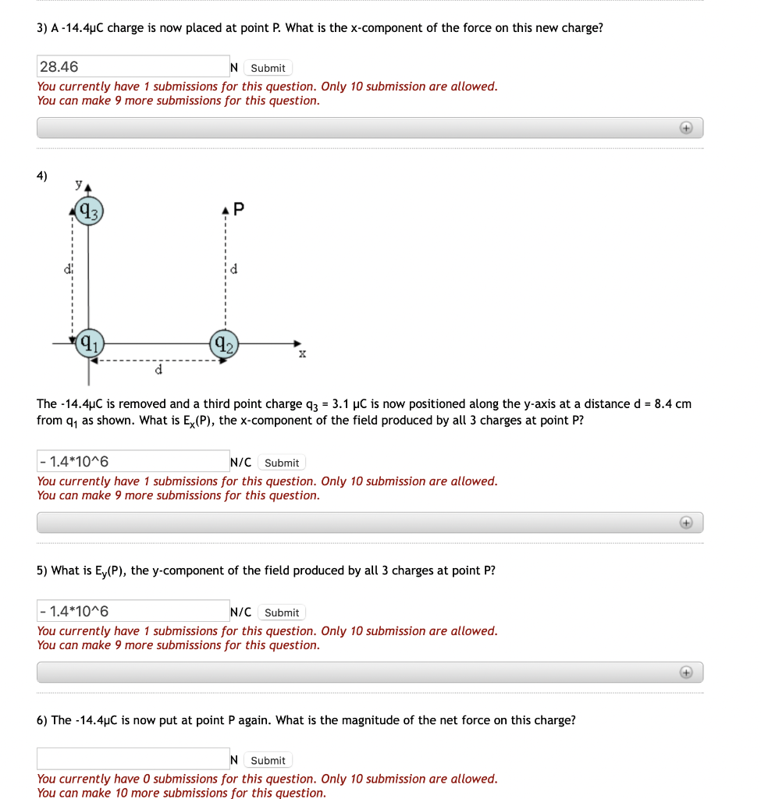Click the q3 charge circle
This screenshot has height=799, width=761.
(x=88, y=210)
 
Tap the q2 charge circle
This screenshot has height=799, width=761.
(x=224, y=343)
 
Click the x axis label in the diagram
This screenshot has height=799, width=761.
(x=302, y=354)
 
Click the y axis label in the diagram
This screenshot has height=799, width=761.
(x=78, y=184)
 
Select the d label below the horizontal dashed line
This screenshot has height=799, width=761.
(x=158, y=370)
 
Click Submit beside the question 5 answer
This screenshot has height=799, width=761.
(x=281, y=613)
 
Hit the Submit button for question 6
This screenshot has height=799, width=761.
(x=268, y=760)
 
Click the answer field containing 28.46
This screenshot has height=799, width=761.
(x=133, y=67)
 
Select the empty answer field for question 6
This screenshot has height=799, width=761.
(x=133, y=759)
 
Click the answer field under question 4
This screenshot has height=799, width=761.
(x=133, y=462)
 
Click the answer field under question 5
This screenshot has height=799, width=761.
(x=133, y=612)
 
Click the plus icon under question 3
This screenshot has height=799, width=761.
(x=685, y=127)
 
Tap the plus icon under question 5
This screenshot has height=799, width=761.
(x=685, y=672)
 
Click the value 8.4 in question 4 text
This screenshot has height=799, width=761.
(x=663, y=404)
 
